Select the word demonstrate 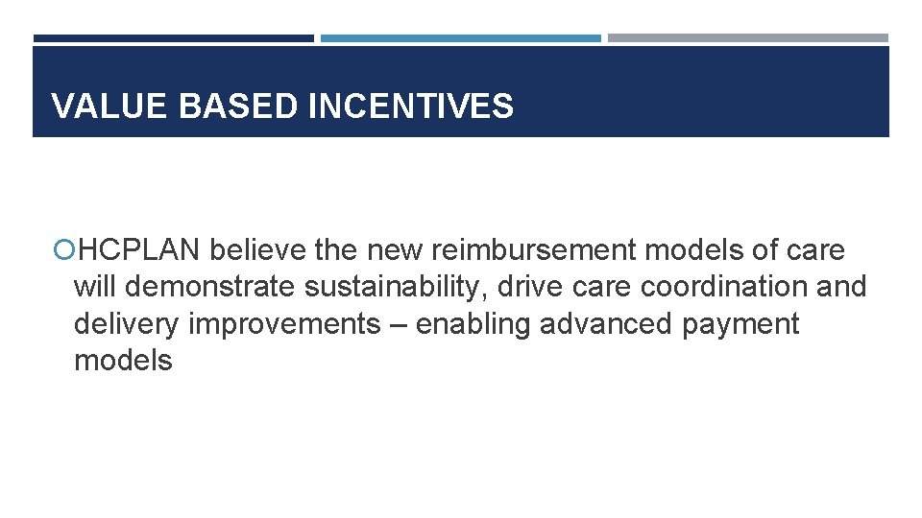point(210,287)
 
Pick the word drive point(528,287)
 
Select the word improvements point(284,324)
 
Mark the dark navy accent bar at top point(174,38)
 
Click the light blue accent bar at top point(460,38)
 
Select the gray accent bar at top point(747,38)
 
